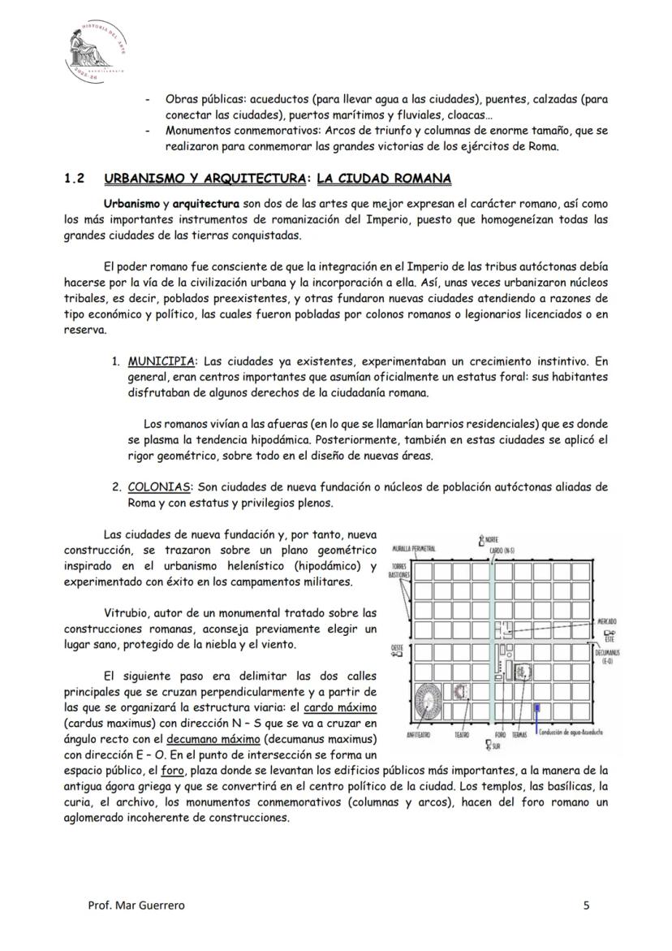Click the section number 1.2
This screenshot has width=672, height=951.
pyautogui.click(x=75, y=179)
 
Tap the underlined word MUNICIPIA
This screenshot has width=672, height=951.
pyautogui.click(x=161, y=361)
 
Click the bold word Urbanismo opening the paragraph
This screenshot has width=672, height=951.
pyautogui.click(x=131, y=203)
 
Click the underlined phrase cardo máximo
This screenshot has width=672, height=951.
pyautogui.click(x=341, y=707)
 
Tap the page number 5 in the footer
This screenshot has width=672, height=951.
pyautogui.click(x=587, y=906)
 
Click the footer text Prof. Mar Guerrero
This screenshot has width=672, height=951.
pyautogui.click(x=136, y=906)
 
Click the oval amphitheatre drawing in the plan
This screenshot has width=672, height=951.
pyautogui.click(x=424, y=699)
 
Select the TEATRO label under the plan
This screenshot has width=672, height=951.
pyautogui.click(x=461, y=734)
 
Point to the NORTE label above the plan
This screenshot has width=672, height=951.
pyautogui.click(x=490, y=539)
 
